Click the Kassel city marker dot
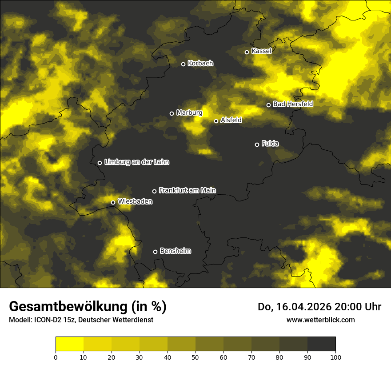pyautogui.click(x=247, y=52)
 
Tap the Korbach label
pyautogui.click(x=200, y=64)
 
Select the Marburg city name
pyautogui.click(x=189, y=113)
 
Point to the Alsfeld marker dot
pyautogui.click(x=216, y=121)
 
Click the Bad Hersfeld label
pyautogui.click(x=293, y=104)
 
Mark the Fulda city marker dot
pyautogui.click(x=257, y=144)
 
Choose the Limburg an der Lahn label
pyautogui.click(x=137, y=162)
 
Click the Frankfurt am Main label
pyautogui.click(x=188, y=190)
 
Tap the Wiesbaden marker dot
pyautogui.click(x=113, y=202)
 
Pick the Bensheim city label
pyautogui.click(x=176, y=251)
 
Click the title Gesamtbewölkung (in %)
pyautogui.click(x=88, y=307)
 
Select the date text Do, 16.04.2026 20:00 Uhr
pyautogui.click(x=319, y=307)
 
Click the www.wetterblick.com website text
pyautogui.click(x=321, y=320)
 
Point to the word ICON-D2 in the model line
pyautogui.click(x=47, y=320)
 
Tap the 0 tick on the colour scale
pyautogui.click(x=56, y=357)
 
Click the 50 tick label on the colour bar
pyautogui.click(x=195, y=357)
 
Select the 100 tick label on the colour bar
pyautogui.click(x=335, y=357)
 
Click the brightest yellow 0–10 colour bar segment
pyautogui.click(x=69, y=344)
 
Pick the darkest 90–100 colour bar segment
pyautogui.click(x=321, y=344)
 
